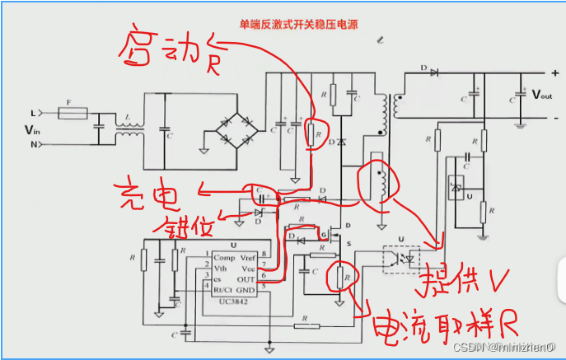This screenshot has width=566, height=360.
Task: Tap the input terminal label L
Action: pyautogui.click(x=34, y=112)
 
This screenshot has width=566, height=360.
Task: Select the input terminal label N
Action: pyautogui.click(x=34, y=145)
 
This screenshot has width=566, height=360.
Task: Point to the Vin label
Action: pyautogui.click(x=30, y=129)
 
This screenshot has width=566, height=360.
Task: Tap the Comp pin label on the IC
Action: pyautogui.click(x=223, y=258)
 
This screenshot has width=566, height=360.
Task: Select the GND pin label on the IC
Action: pyautogui.click(x=246, y=289)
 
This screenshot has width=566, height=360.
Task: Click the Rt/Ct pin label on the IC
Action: pyautogui.click(x=224, y=289)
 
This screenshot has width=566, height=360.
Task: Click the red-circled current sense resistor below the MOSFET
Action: pyautogui.click(x=344, y=279)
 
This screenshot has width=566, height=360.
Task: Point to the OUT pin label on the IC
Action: pyautogui.click(x=246, y=279)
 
